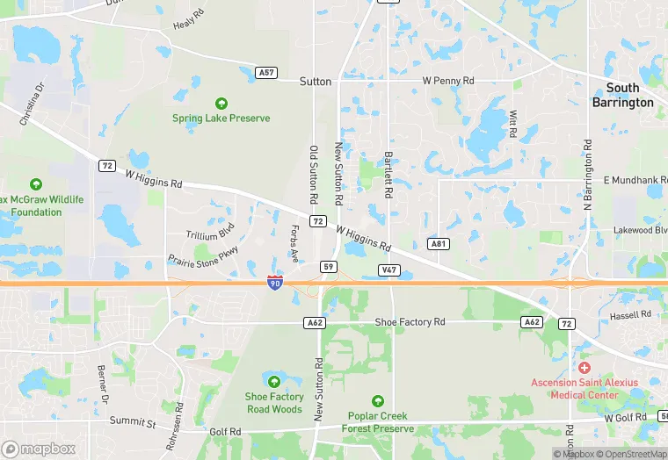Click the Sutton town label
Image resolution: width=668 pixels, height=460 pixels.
[x=316, y=82]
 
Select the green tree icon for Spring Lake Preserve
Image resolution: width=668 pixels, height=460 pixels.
[x=221, y=104]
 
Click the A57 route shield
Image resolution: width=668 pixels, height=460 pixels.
[x=267, y=73]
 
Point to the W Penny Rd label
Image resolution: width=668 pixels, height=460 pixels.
[x=448, y=81]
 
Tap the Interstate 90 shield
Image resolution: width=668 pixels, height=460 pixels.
[x=275, y=283]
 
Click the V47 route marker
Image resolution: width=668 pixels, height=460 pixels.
[x=388, y=269]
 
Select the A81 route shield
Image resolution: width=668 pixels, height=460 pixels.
[x=439, y=242]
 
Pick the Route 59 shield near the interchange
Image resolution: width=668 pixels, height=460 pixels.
[x=329, y=266]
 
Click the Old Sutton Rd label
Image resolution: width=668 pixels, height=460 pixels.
[x=313, y=170]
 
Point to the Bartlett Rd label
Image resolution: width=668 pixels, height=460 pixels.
[x=388, y=173]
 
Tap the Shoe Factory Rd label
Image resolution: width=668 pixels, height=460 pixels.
[x=410, y=322]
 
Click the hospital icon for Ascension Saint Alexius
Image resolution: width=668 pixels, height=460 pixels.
[x=584, y=367]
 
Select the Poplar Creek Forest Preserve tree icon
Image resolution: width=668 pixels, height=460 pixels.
[x=378, y=401]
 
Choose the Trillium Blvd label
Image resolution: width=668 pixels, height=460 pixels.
[x=210, y=235]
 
